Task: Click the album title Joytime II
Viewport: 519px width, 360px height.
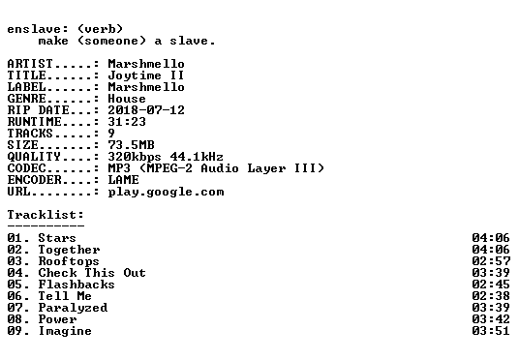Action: [x=146, y=75]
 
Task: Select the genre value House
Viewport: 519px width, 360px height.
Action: [x=127, y=99]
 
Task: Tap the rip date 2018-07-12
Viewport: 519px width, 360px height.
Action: [x=146, y=110]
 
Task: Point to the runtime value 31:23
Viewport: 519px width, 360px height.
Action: [x=127, y=122]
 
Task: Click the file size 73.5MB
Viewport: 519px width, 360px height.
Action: [x=131, y=145]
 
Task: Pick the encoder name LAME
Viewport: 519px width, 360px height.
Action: [x=123, y=180]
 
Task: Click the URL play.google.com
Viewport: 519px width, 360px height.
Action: [x=166, y=192]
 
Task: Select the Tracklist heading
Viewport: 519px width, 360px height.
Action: [x=46, y=215]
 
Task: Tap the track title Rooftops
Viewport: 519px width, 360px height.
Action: [x=69, y=261]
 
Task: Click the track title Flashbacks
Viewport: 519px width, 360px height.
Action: [x=76, y=285]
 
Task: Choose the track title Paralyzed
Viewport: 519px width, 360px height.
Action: [x=73, y=308]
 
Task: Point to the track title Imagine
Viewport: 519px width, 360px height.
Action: [x=65, y=331]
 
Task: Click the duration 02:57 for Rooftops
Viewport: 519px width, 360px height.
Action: [x=491, y=261]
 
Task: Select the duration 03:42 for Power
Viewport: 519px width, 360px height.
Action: [x=491, y=319]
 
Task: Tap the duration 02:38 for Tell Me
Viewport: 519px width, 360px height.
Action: [x=491, y=296]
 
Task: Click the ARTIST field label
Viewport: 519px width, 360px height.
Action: [x=30, y=64]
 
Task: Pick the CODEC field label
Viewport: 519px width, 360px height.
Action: [x=26, y=168]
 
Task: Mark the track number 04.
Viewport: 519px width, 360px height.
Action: [x=15, y=273]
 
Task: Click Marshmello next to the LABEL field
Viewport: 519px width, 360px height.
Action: [x=146, y=87]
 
